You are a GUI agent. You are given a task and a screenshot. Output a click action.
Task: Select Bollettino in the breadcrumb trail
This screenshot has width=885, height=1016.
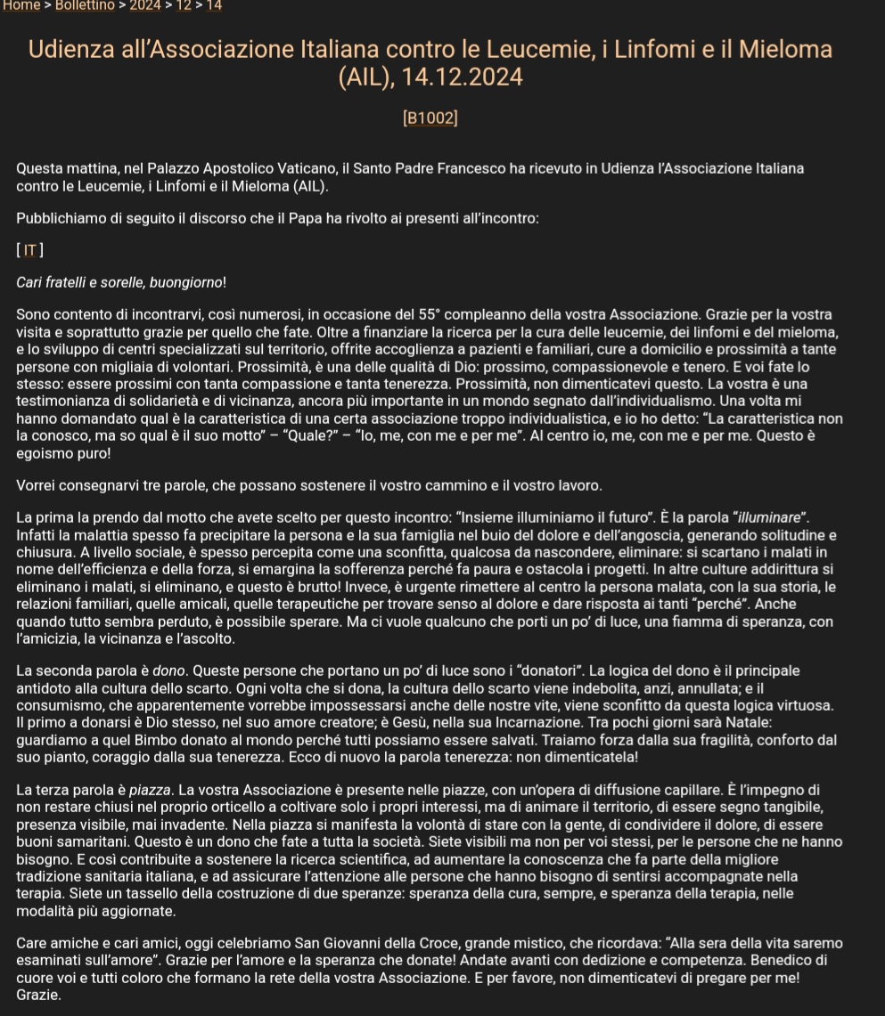tap(85, 5)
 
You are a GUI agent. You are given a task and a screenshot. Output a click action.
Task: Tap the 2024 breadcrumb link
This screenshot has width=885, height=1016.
tap(145, 5)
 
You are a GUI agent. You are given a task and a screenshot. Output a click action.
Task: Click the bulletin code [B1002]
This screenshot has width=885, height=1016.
tap(430, 118)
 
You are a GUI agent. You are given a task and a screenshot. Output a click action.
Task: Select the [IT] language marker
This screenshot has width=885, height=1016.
tap(30, 251)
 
